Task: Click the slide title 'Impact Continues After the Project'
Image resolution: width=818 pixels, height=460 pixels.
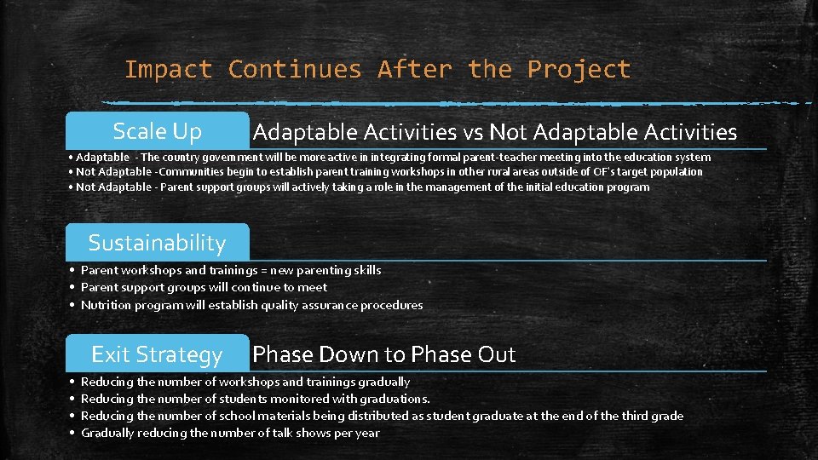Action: pos(377,69)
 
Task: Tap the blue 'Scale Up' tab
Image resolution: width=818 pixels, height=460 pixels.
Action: pos(158,131)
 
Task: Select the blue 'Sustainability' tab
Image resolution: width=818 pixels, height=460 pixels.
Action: pos(158,243)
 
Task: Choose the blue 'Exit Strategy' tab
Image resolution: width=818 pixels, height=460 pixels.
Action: pos(158,354)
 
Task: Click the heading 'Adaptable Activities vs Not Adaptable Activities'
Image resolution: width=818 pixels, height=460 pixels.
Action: pos(494,132)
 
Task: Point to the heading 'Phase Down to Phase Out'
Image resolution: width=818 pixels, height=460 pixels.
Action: pos(384,354)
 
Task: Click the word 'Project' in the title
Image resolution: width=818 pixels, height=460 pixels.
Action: pos(579,69)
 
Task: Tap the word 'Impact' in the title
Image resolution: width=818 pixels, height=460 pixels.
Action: pos(168,69)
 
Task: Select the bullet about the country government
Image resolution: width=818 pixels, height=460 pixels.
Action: pos(393,157)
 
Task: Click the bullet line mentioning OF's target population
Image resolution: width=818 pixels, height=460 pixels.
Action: pos(389,172)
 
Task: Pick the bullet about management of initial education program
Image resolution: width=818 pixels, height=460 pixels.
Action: pos(363,187)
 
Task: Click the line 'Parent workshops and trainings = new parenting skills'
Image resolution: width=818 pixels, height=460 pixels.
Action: pos(231,270)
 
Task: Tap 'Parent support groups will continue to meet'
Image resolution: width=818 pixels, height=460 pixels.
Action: pos(204,287)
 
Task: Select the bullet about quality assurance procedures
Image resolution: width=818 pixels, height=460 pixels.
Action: pos(251,305)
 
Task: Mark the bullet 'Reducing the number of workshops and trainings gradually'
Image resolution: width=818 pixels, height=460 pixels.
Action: pos(245,382)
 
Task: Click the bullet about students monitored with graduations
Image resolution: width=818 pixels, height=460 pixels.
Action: pos(256,399)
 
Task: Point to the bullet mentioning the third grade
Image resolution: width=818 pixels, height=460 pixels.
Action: pos(382,416)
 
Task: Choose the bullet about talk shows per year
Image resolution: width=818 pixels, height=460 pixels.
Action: pos(230,433)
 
